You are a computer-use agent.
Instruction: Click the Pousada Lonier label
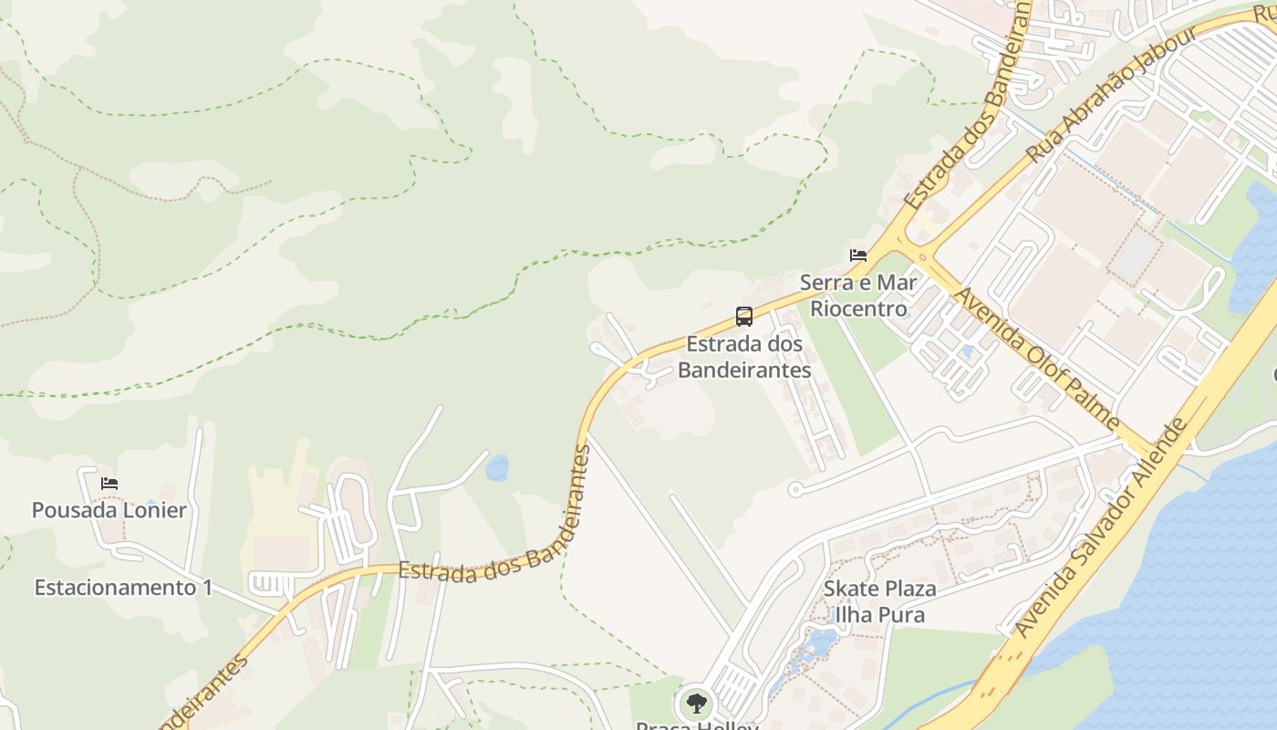pyautogui.click(x=109, y=510)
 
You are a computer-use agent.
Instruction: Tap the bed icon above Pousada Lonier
pyautogui.click(x=110, y=484)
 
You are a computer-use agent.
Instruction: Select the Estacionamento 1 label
pyautogui.click(x=123, y=588)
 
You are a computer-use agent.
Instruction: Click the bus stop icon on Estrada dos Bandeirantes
pyautogui.click(x=744, y=317)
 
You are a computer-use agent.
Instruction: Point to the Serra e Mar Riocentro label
pyautogui.click(x=858, y=296)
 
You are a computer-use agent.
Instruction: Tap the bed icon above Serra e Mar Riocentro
pyautogui.click(x=858, y=255)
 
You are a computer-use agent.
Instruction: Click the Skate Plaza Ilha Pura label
pyautogui.click(x=879, y=601)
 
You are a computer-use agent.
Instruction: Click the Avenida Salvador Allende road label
pyautogui.click(x=1101, y=528)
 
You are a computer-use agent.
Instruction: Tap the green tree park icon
pyautogui.click(x=697, y=704)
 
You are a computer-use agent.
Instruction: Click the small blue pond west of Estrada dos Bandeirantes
pyautogui.click(x=497, y=468)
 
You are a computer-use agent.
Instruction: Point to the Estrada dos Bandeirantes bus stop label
pyautogui.click(x=744, y=357)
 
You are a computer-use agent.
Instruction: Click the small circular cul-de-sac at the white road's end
pyautogui.click(x=794, y=490)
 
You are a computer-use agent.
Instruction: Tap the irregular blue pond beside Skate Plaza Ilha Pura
pyautogui.click(x=819, y=644)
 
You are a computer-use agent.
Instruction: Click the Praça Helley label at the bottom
pyautogui.click(x=697, y=725)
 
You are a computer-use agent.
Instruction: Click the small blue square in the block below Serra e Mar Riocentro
pyautogui.click(x=967, y=351)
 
